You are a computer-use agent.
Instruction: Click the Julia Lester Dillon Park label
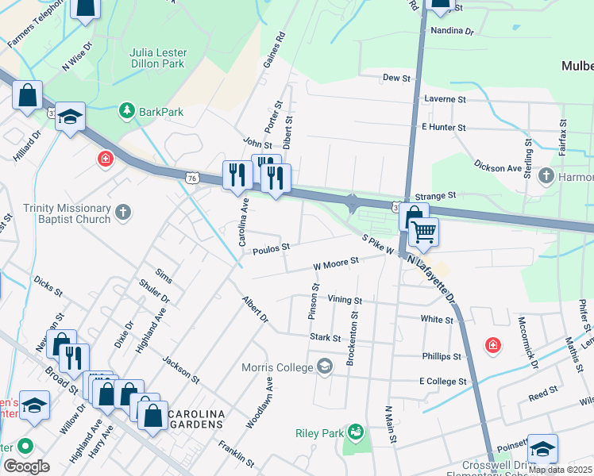[157, 57]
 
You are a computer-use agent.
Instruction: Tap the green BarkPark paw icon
[125, 111]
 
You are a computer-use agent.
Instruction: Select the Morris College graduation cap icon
[324, 366]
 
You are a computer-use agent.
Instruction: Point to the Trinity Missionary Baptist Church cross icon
[121, 212]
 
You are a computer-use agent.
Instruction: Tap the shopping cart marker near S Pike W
[425, 232]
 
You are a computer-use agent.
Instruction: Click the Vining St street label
[345, 301]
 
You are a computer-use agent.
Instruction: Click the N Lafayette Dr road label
[432, 279]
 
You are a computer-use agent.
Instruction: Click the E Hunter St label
[443, 127]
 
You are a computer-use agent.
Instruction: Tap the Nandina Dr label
[451, 33]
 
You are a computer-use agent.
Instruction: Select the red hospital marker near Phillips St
[493, 345]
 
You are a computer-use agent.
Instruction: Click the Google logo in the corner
[27, 466]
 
